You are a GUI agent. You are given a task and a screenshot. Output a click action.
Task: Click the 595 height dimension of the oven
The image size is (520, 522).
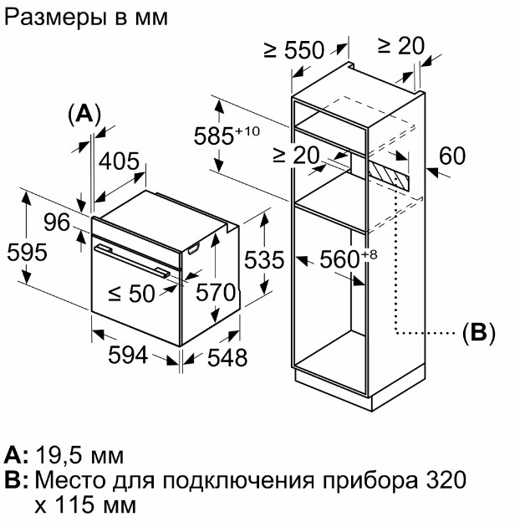pyautogui.click(x=27, y=253)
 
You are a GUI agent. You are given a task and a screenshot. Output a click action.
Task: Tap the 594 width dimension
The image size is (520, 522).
pyautogui.click(x=128, y=355)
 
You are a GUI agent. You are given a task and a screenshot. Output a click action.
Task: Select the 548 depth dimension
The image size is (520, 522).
pyautogui.click(x=227, y=358)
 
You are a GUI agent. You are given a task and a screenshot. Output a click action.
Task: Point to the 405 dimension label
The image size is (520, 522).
pyautogui.click(x=119, y=161)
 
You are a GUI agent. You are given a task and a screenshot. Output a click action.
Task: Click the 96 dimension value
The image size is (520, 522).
pyautogui.click(x=57, y=223)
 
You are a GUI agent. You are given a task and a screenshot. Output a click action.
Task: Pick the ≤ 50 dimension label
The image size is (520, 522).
pyautogui.click(x=132, y=294)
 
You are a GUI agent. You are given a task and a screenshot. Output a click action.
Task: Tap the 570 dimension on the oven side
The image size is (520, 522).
pyautogui.click(x=216, y=292)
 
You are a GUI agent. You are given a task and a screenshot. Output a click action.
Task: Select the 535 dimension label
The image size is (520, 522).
pyautogui.click(x=264, y=259)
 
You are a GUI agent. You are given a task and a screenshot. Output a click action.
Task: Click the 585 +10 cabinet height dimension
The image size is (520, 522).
pyautogui.click(x=227, y=136)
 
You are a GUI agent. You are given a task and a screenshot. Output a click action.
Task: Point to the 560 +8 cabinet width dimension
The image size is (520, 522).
pyautogui.click(x=349, y=259)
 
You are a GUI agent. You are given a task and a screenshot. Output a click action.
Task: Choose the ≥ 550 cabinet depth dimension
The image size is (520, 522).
pyautogui.click(x=294, y=50)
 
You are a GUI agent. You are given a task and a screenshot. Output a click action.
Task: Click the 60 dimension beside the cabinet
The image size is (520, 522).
pyautogui.click(x=452, y=156)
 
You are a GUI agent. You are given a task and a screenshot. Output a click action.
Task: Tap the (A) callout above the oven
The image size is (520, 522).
pyautogui.click(x=84, y=115)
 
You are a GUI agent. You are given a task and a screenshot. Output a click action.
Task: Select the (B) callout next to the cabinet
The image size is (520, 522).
pyautogui.click(x=479, y=333)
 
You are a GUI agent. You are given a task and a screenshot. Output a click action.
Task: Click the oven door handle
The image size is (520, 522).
pyautogui.click(x=132, y=261)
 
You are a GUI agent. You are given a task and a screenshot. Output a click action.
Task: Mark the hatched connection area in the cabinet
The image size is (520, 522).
pyautogui.click(x=388, y=176)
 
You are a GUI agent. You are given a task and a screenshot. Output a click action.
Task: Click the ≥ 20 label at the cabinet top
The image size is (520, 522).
pyautogui.click(x=401, y=46)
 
